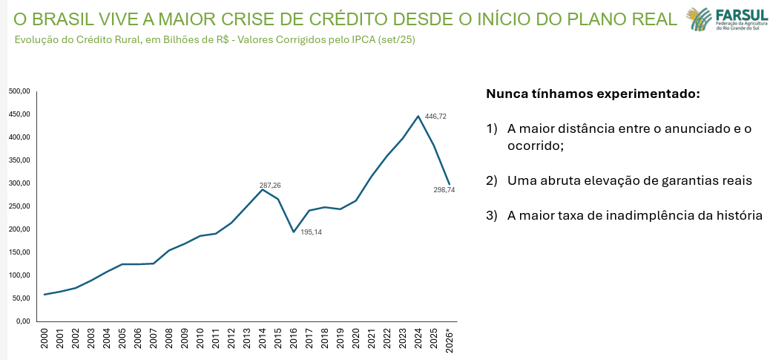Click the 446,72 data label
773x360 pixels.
pos(435,117)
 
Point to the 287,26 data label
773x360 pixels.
pos(270,185)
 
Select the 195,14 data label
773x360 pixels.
pos(312,232)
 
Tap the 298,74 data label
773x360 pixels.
pos(444,190)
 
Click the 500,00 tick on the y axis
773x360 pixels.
pos(19,91)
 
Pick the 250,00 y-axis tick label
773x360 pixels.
pos(19,206)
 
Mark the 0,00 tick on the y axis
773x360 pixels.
pos(22,321)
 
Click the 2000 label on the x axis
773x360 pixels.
pos(45,340)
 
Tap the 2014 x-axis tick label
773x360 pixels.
pos(263,340)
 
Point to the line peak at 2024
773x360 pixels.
pos(418,116)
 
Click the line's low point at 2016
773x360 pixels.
pos(294,232)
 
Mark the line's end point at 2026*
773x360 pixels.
pos(449,184)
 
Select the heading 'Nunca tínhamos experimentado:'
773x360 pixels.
pos(593,94)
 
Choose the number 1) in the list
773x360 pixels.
pos(491,129)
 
